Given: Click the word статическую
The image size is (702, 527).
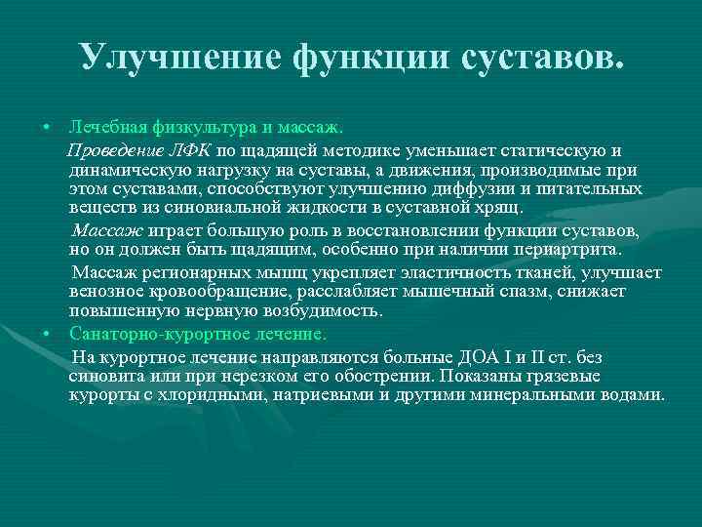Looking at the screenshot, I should click(555, 149).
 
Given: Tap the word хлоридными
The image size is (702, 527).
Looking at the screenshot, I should click(214, 395).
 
